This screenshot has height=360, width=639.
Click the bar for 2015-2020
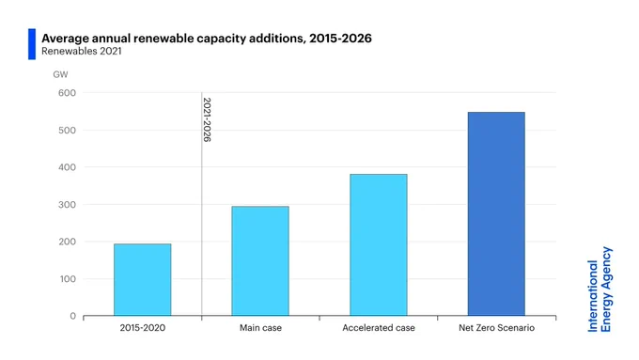tap(143, 280)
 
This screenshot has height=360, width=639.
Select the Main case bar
tap(260, 261)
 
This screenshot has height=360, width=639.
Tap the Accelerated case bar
tap(379, 245)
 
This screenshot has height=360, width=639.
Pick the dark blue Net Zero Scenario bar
tap(496, 214)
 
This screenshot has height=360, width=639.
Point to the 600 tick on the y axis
tap(67, 93)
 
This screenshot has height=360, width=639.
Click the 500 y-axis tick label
tap(67, 130)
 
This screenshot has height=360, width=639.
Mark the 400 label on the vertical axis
tap(67, 167)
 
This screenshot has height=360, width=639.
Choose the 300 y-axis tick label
tap(67, 205)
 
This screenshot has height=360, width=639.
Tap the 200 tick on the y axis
tap(67, 242)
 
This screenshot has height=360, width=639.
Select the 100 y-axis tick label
tap(67, 279)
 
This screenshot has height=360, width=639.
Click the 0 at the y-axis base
tap(73, 316)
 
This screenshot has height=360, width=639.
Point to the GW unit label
tap(60, 74)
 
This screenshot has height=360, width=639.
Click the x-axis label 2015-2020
tap(143, 328)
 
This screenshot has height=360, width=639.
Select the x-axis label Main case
tap(260, 328)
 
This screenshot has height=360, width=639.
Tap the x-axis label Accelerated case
tap(379, 328)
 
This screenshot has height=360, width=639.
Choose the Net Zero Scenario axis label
tap(496, 328)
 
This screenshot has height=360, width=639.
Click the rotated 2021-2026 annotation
tap(207, 119)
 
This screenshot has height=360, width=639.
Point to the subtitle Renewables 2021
tap(82, 52)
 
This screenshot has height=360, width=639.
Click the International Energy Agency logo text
tap(600, 290)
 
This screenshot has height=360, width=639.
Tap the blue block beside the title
tap(32, 44)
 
